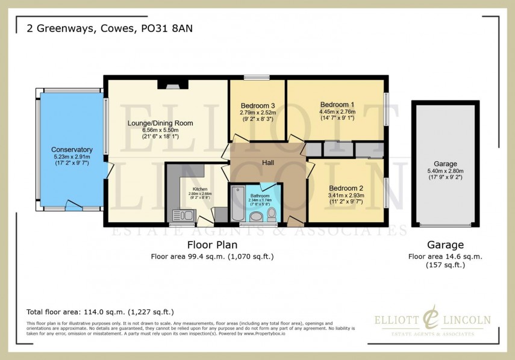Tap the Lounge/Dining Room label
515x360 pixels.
coord(160,123)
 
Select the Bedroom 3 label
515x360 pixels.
coord(257,105)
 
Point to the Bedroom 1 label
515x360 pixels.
coord(337,104)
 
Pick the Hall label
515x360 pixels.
coord(269,163)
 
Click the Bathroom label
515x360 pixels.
coord(260,195)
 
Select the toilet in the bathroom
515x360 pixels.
coord(272,213)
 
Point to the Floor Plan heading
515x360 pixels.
coord(212,245)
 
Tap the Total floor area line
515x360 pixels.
coord(100,312)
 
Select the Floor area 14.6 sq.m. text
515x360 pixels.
coord(445,256)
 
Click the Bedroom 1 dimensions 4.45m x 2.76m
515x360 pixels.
coord(337,111)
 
